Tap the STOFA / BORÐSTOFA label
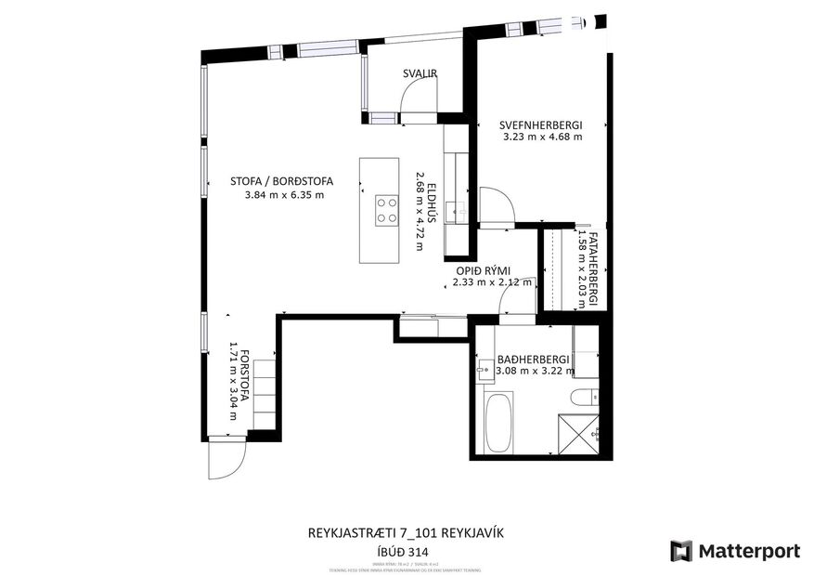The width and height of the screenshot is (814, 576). [281, 182]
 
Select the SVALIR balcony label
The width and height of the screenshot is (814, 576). [420, 73]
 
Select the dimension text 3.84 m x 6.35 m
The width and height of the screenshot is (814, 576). [284, 195]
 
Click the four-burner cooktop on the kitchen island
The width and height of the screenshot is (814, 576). [386, 209]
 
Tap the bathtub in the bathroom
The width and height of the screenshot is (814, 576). [498, 421]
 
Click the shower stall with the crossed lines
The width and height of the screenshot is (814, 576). [581, 434]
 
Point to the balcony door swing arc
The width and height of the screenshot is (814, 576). [420, 96]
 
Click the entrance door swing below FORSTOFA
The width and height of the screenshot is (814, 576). [226, 458]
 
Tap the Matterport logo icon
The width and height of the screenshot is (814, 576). [681, 551]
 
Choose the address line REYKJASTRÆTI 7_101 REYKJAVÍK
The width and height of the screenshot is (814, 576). [406, 534]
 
